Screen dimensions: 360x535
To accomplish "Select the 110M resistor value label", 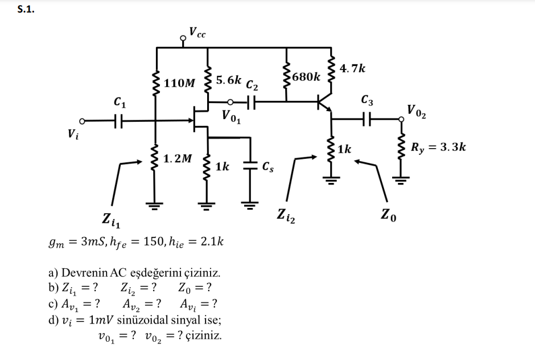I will point(179,84).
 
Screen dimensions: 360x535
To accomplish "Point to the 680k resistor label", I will point(307,76).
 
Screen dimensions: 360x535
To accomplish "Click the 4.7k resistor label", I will point(352,69).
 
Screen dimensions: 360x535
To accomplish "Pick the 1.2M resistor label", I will point(178,157).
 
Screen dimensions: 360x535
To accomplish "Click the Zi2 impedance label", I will point(286,215).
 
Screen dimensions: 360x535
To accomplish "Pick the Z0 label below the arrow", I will point(389,215).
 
